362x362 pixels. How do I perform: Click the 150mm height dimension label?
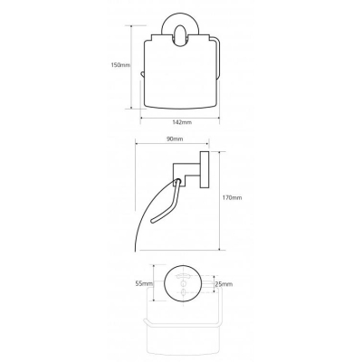[x=120, y=65]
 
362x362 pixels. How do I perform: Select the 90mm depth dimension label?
[x=175, y=139]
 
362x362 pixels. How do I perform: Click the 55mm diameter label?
[x=144, y=283]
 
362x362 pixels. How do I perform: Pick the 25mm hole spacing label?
[x=224, y=284]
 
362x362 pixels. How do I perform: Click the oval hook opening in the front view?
[x=180, y=36]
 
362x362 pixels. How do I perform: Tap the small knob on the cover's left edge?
[x=142, y=74]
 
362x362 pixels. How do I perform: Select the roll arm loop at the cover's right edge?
[x=218, y=59]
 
